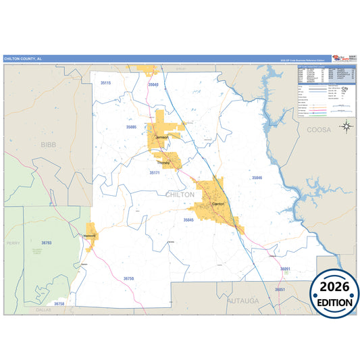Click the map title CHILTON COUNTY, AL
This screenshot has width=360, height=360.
21,59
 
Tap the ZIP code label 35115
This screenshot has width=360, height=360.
105,82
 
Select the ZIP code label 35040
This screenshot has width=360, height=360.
153,84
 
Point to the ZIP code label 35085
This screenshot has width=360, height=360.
131,127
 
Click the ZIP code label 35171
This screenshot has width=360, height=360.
155,173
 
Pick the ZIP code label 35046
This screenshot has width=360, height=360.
257,178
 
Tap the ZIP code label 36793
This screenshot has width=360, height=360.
46,242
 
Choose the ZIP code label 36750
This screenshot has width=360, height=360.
128,278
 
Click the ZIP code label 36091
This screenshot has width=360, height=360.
285,269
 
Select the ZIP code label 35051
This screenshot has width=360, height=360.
280,289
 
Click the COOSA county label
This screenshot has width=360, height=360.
319,129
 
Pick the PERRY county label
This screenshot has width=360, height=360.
14,242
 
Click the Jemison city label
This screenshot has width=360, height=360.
162,137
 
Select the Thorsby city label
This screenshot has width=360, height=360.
164,163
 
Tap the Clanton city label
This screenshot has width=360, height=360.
218,203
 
